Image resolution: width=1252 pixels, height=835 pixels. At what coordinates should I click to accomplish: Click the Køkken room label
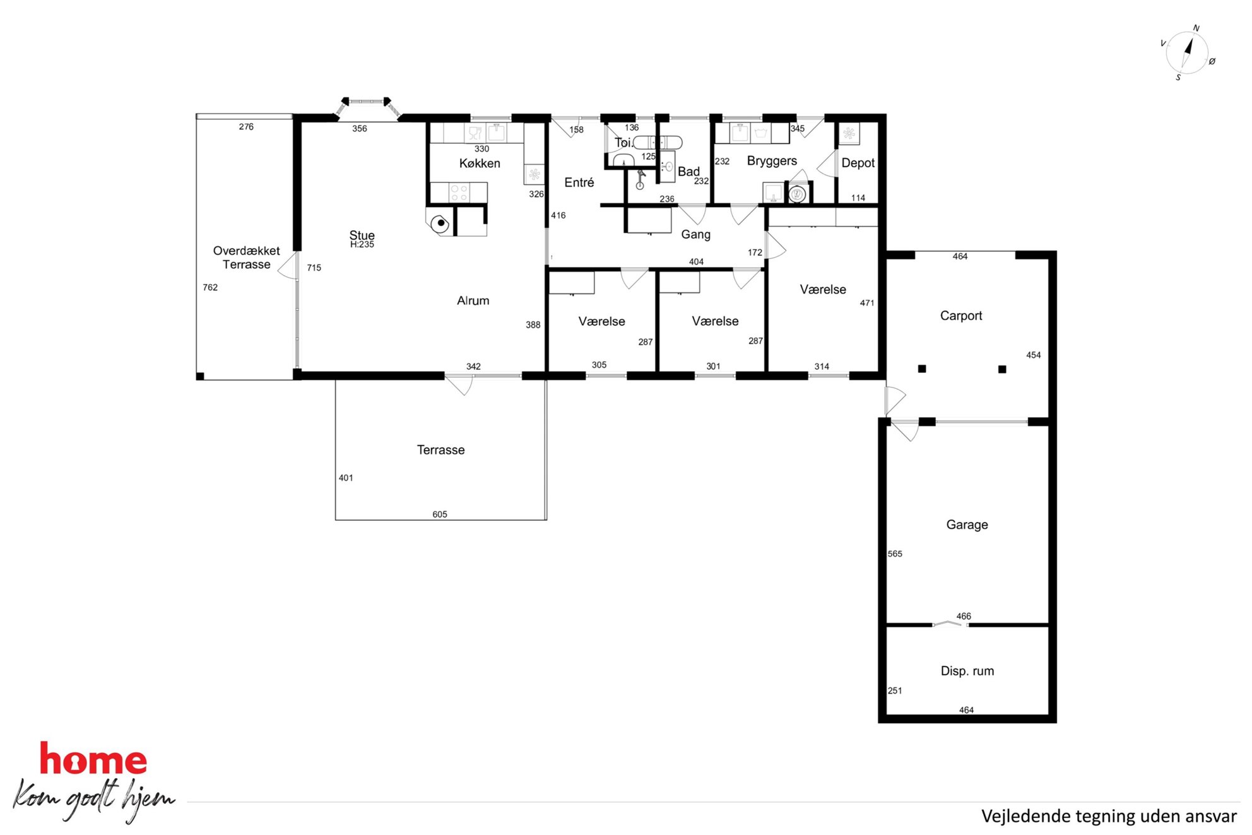(x=480, y=163)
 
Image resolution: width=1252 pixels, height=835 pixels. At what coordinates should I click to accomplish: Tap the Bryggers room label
(x=772, y=162)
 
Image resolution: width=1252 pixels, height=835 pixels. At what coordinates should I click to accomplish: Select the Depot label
(x=858, y=163)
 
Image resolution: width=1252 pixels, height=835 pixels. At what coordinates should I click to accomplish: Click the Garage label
(x=967, y=524)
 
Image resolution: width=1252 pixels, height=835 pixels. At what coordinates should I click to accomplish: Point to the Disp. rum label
(x=967, y=671)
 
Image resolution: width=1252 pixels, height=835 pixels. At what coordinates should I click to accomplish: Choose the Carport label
(x=961, y=316)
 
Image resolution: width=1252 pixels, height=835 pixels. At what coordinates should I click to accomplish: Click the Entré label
(x=579, y=182)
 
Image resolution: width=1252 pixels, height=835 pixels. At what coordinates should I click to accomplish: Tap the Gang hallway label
(x=695, y=235)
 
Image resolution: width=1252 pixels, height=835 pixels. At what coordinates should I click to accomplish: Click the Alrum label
(x=473, y=301)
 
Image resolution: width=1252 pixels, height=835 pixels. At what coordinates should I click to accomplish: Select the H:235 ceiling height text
(x=362, y=245)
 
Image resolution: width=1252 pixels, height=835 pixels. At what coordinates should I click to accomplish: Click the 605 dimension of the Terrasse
(x=440, y=514)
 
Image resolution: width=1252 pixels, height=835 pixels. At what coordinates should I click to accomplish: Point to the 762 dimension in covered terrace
(x=210, y=287)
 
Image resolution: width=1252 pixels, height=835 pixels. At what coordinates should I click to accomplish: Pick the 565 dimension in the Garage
(x=895, y=554)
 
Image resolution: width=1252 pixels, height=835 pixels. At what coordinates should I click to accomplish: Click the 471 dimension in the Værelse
(x=867, y=303)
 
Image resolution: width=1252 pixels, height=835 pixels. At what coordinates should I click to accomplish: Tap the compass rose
(x=1187, y=53)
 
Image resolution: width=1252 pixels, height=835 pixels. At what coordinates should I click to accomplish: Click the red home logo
(x=93, y=759)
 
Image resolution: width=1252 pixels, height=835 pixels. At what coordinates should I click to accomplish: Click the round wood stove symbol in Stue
(x=440, y=223)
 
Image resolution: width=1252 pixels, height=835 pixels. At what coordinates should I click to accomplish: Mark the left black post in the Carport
(x=922, y=369)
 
